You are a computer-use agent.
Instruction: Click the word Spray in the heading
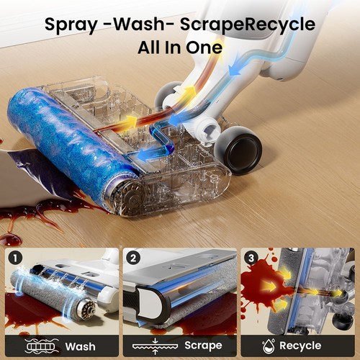coord(71,25)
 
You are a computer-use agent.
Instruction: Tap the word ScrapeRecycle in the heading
coord(248,25)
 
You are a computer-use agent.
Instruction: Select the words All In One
coord(180,48)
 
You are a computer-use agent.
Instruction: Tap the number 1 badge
coord(15,258)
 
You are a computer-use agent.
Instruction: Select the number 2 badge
coord(133,258)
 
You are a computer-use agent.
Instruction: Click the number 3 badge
coord(251,258)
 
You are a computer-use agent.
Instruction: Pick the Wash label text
coord(80,346)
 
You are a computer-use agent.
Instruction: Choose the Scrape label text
coord(203,346)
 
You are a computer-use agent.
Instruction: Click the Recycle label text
coord(300,346)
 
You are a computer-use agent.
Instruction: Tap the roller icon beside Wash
coord(42,346)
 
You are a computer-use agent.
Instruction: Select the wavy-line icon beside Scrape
coord(155,346)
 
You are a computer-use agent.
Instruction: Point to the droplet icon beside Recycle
coord(269,346)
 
